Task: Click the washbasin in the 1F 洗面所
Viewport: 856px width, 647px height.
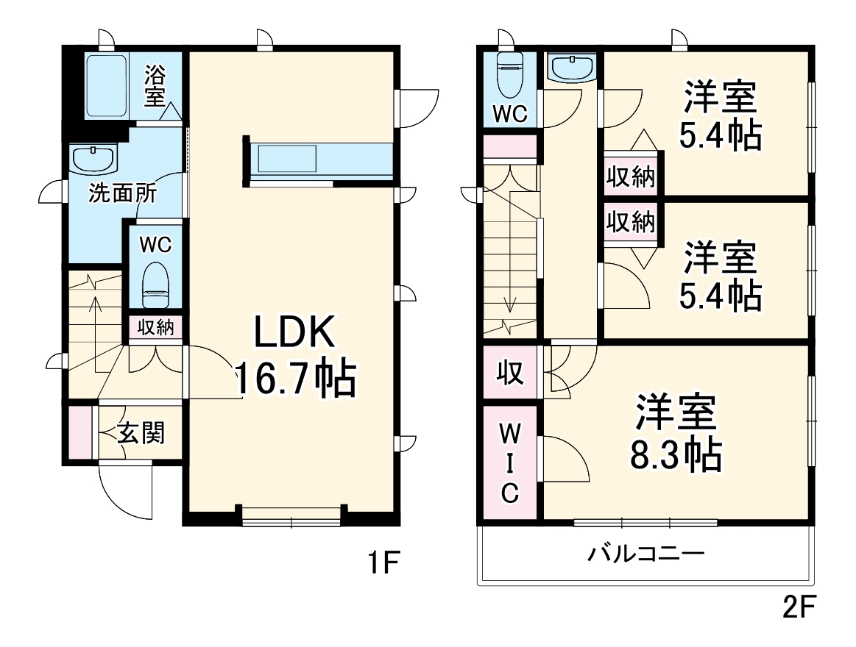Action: click(x=93, y=159)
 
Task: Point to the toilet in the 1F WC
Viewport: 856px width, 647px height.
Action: click(x=155, y=285)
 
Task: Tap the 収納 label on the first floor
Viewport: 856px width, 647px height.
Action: click(x=155, y=326)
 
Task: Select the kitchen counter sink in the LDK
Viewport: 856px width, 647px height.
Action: click(x=286, y=159)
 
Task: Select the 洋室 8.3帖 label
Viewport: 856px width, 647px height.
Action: click(x=675, y=435)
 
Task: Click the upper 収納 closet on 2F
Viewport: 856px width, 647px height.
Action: click(x=631, y=176)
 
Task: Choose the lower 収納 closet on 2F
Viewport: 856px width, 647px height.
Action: click(x=631, y=221)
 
